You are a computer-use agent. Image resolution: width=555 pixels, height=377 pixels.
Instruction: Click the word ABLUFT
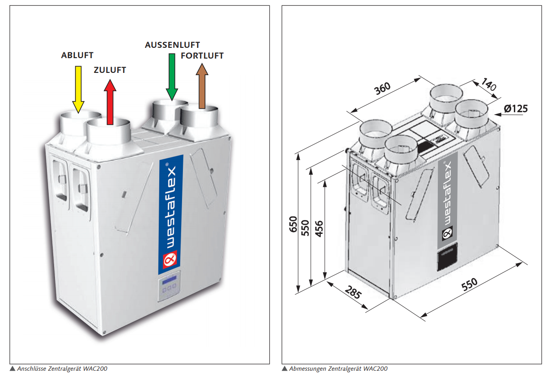click(x=77, y=55)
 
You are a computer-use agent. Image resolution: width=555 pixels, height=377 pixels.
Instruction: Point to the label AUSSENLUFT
click(x=172, y=45)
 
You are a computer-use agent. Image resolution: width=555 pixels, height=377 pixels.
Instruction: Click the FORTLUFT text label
click(x=202, y=56)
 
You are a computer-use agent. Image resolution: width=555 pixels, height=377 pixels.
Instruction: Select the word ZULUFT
click(x=110, y=70)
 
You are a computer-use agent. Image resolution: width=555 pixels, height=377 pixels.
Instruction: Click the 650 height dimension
click(x=293, y=224)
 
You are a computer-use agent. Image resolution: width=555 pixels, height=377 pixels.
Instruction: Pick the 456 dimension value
click(x=319, y=229)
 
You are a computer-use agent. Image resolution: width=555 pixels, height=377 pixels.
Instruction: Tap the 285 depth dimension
click(x=353, y=293)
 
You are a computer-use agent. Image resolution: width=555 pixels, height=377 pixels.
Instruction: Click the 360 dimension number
click(x=383, y=89)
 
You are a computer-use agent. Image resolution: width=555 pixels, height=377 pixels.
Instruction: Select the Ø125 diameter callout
click(x=515, y=108)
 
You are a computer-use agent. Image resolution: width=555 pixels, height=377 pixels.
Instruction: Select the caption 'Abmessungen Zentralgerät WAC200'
click(x=338, y=369)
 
